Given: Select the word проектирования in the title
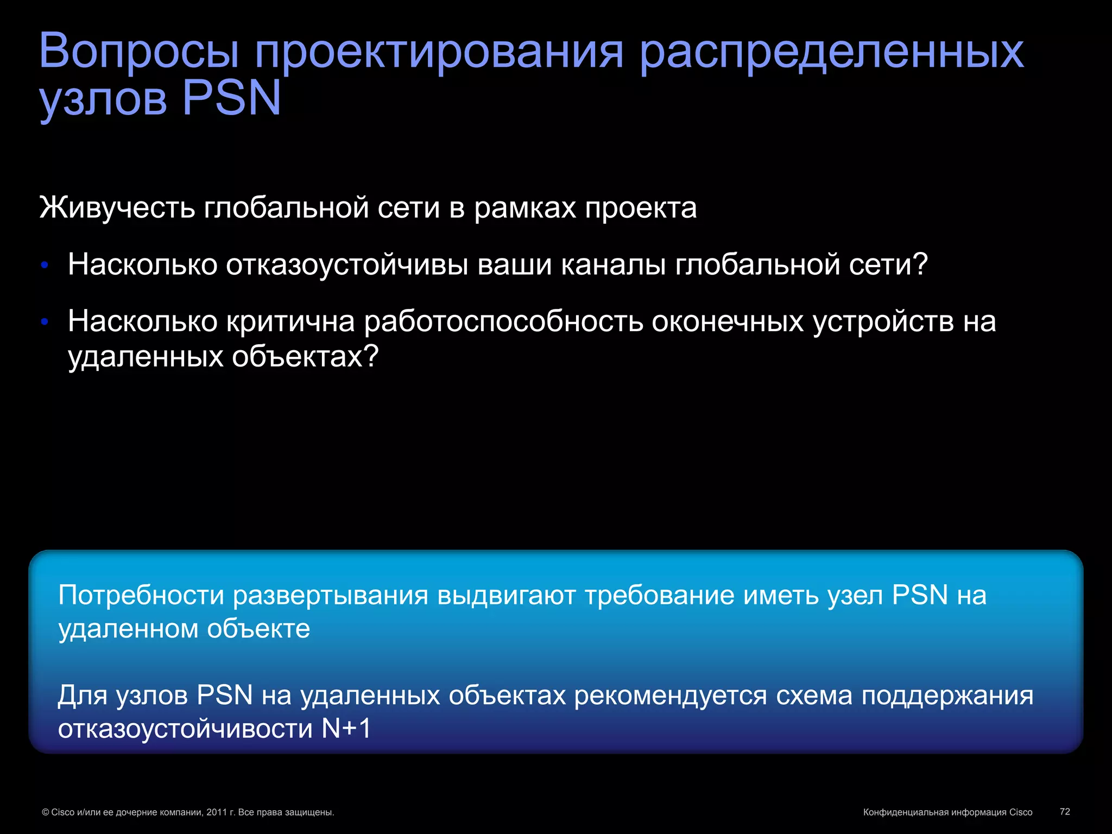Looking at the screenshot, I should point(439,53).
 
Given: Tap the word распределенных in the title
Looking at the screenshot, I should point(831,53).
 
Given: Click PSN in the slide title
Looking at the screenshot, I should point(232,98).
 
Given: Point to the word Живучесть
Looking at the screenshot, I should point(117,208).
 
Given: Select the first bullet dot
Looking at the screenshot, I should point(45,266).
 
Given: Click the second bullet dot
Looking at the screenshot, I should point(45,322).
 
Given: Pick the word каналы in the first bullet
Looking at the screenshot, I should point(613,266).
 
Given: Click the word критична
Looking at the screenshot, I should point(290,321).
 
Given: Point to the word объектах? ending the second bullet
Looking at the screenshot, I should point(305,357).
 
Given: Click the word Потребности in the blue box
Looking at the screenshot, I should point(141,595).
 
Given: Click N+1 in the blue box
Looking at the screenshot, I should point(346,729).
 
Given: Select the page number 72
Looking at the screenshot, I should point(1065,812).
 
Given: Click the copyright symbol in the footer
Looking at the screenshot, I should point(46,813).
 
